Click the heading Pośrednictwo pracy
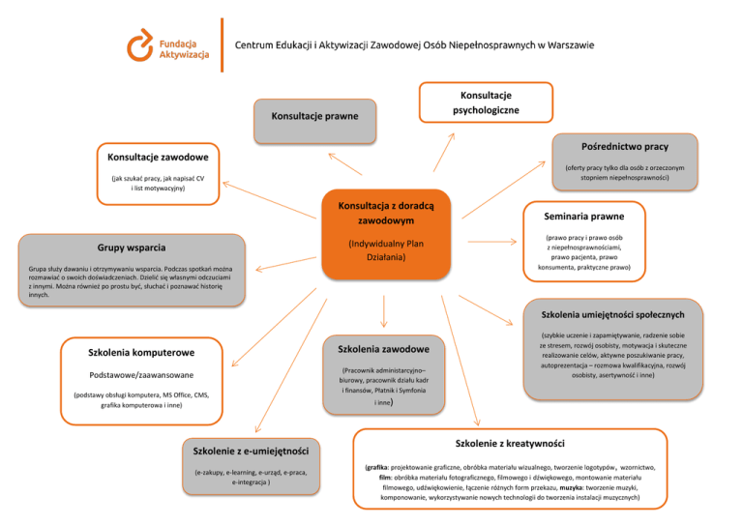coord(625,146)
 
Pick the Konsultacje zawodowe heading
coord(157,156)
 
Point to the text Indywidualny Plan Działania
coord(386,251)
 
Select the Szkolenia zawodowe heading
coord(385,348)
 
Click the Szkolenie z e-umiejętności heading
coord(251,451)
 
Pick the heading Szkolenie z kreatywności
coord(509,443)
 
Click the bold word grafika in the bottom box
coord(376,466)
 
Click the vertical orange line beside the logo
coord(223,44)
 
